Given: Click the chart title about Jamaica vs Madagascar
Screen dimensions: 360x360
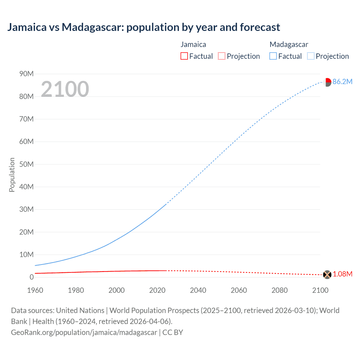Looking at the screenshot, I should click(x=143, y=27).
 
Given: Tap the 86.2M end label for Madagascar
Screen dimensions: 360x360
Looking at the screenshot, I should click(x=342, y=82).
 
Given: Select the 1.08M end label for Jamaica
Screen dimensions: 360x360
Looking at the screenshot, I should click(x=343, y=274).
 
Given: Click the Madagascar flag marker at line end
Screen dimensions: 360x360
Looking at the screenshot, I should click(x=327, y=82).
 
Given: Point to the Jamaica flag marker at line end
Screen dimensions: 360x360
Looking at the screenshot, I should click(x=327, y=274).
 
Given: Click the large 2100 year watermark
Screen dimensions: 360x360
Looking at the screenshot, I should click(x=65, y=89).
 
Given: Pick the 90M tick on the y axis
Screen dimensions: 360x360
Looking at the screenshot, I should click(x=26, y=74).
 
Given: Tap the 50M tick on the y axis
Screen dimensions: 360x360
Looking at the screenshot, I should click(x=26, y=164).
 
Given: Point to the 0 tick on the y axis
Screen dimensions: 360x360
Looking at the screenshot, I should click(x=31, y=277).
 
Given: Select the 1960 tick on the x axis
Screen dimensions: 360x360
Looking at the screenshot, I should click(x=35, y=290).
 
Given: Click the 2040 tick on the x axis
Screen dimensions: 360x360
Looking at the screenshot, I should click(x=198, y=290).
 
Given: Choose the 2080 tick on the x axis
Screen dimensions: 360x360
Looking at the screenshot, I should click(x=280, y=290).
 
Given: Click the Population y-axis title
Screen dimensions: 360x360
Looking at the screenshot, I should click(x=12, y=175).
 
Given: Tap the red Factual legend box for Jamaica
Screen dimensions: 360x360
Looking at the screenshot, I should click(x=184, y=56).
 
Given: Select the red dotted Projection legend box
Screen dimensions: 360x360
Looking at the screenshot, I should click(x=222, y=56).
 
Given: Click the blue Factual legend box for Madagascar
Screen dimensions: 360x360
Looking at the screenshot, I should click(x=273, y=56).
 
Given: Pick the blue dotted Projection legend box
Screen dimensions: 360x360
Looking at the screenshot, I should click(x=311, y=56).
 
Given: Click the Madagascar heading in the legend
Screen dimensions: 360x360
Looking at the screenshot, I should click(x=289, y=44).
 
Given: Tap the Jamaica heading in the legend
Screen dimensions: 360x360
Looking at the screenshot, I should click(x=193, y=44).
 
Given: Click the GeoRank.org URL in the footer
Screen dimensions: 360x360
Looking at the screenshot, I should click(x=84, y=332).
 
